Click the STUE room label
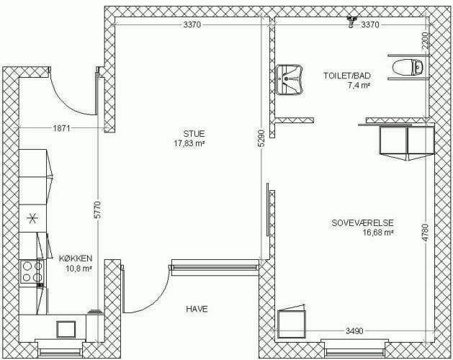[194, 134]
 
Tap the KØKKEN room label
[76, 258]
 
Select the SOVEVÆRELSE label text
[362, 222]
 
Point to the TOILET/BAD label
[346, 76]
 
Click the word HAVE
[197, 309]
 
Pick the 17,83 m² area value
[189, 143]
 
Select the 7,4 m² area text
[359, 85]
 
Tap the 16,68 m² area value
[379, 233]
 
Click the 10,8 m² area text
[79, 268]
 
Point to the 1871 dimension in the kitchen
[61, 127]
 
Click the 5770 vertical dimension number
[98, 210]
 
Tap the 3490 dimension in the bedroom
[354, 330]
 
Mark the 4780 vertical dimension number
[425, 233]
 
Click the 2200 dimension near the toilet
[425, 41]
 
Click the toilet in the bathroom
[408, 67]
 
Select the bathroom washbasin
[290, 80]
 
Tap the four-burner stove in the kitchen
[32, 271]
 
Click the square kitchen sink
[66, 329]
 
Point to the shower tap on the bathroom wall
[351, 22]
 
